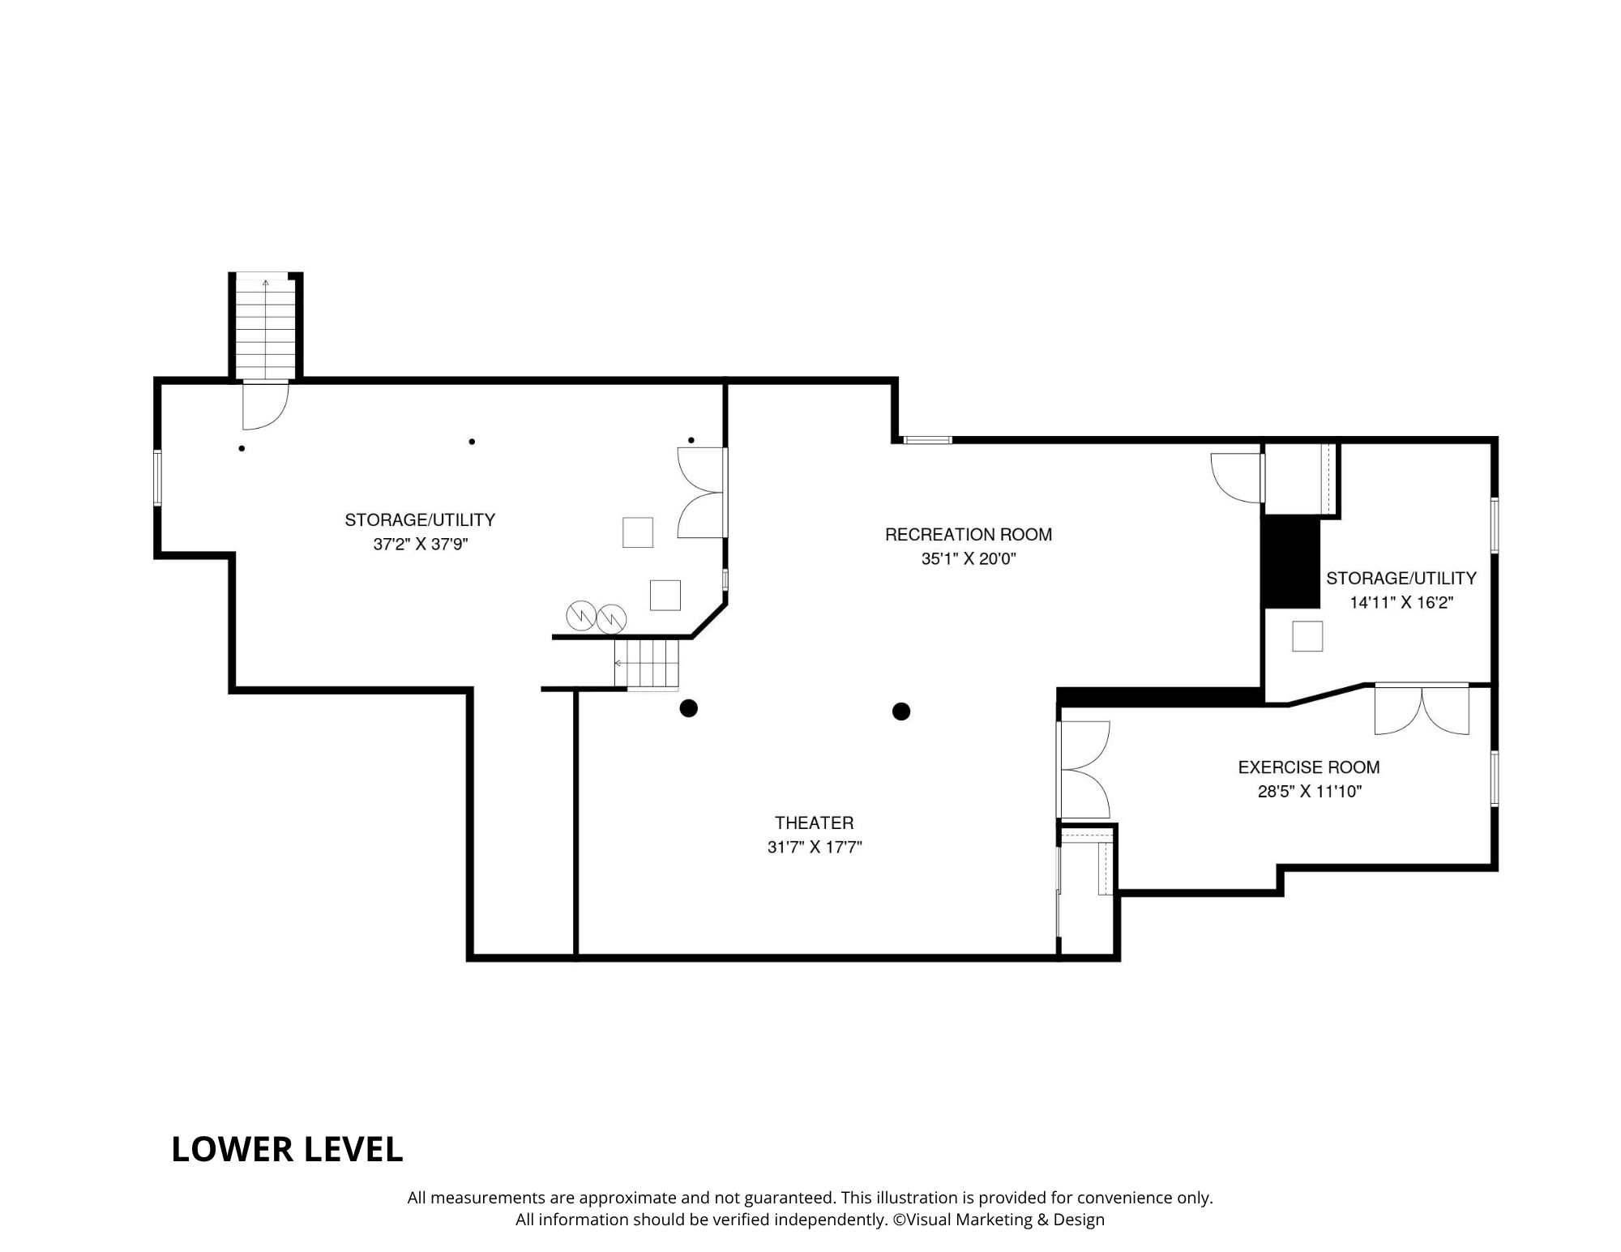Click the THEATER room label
(814, 823)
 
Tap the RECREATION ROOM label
(969, 535)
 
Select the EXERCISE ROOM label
(1309, 767)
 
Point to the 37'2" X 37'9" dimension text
(421, 545)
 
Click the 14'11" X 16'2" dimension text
(1401, 603)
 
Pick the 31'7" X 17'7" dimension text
(815, 848)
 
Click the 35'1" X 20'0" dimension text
(969, 559)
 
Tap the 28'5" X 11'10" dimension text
(1310, 792)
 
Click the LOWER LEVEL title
(287, 1150)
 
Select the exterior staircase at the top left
(265, 327)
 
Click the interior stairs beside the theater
(646, 664)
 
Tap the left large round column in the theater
(688, 709)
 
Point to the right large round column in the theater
(901, 711)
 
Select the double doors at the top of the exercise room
(1422, 710)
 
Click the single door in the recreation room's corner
(1238, 477)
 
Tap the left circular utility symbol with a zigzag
(581, 616)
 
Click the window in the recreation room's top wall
(927, 440)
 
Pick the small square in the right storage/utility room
(1307, 636)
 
